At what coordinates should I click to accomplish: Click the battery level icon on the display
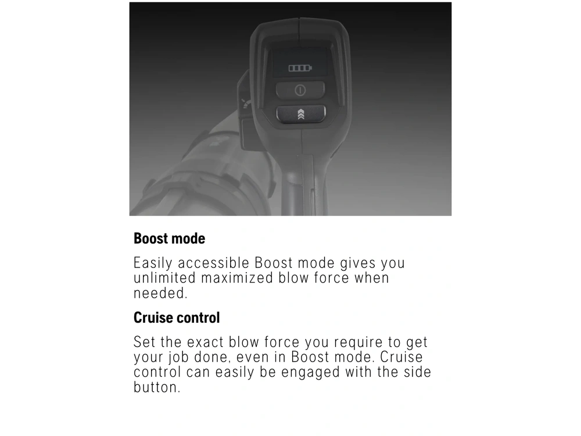click(300, 68)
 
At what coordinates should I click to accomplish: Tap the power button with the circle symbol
click(300, 90)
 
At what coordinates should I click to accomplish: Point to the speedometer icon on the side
click(245, 103)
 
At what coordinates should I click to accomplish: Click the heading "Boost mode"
click(169, 238)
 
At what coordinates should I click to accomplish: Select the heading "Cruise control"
click(177, 318)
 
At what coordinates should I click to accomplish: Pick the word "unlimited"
click(164, 278)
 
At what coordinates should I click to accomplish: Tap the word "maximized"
click(237, 278)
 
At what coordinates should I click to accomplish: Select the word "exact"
click(205, 342)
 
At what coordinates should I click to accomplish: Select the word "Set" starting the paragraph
click(145, 342)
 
